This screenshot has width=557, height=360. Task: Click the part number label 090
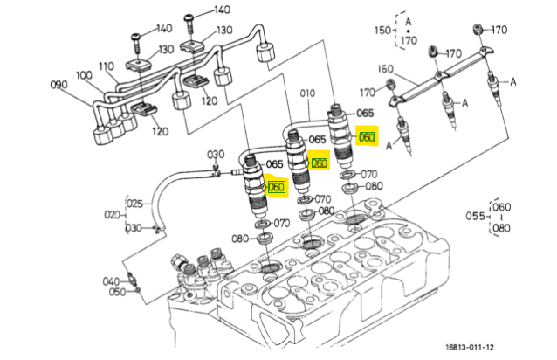[59, 85]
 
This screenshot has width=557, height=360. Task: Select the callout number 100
[84, 75]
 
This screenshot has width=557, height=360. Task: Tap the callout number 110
[107, 66]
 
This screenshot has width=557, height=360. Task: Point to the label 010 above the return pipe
[307, 93]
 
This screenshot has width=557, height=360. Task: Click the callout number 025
[134, 204]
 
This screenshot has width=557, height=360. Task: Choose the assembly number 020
[113, 215]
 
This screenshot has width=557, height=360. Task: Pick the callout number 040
[111, 282]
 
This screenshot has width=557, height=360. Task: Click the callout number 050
[118, 292]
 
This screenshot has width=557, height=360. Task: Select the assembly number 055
[475, 216]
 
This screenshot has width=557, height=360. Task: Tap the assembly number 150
[382, 30]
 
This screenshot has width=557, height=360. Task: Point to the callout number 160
[386, 68]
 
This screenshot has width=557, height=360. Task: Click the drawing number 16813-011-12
[470, 347]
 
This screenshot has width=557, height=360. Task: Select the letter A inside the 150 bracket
[409, 22]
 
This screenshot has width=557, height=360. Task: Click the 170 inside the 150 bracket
[409, 40]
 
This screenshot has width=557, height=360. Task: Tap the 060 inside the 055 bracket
[502, 207]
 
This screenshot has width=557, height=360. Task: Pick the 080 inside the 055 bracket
[502, 227]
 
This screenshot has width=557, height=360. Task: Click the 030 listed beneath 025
[134, 228]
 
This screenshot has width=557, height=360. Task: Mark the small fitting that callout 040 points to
[132, 278]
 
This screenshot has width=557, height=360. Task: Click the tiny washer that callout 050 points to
[138, 291]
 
